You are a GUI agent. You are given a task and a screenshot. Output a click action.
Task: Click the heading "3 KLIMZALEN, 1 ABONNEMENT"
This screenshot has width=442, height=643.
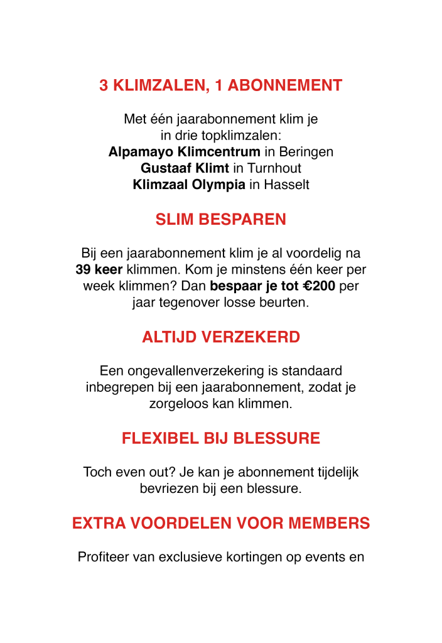[x=221, y=85]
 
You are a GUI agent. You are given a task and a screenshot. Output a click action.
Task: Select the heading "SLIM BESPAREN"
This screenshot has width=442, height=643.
[x=221, y=220]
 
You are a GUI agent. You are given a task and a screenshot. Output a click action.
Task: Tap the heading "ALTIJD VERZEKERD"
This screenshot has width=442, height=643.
[x=221, y=337]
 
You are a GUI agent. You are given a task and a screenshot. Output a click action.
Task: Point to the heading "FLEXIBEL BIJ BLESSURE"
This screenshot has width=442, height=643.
[x=221, y=438]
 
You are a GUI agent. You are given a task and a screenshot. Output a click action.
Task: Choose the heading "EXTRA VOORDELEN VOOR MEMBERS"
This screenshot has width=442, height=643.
[x=221, y=523]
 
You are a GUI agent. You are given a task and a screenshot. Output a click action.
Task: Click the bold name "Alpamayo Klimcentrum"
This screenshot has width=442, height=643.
[x=184, y=152]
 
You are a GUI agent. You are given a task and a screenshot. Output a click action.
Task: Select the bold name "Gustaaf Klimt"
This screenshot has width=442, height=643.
[x=185, y=168]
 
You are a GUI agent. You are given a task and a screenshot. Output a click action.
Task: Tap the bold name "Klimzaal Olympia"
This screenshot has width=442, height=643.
[x=189, y=185]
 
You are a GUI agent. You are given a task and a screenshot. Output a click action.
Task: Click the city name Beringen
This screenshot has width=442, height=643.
[x=306, y=152]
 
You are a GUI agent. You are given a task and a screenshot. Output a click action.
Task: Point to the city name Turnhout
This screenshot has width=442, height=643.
[x=274, y=168]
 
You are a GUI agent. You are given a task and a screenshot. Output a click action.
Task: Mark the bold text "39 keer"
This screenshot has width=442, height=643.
[x=99, y=270]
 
